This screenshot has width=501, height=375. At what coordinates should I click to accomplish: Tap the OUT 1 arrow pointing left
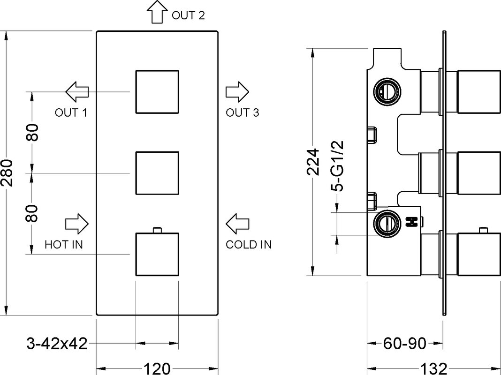pyautogui.click(x=76, y=92)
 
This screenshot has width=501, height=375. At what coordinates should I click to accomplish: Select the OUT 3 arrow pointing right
pyautogui.click(x=237, y=92)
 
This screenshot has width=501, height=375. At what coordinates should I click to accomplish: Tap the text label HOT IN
pyautogui.click(x=64, y=245)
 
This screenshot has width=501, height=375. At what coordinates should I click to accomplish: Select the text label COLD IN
pyautogui.click(x=249, y=245)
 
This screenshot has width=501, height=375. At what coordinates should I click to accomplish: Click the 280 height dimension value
pyautogui.click(x=7, y=172)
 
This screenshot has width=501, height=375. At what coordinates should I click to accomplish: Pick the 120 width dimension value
pyautogui.click(x=157, y=369)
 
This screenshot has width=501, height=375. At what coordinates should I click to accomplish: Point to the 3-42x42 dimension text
pyautogui.click(x=57, y=344)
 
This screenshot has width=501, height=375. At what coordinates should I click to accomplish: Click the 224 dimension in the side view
pyautogui.click(x=313, y=162)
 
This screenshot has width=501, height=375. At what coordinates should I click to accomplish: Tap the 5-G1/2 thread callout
pyautogui.click(x=337, y=166)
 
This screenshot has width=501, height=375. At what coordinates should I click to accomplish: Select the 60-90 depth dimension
pyautogui.click(x=404, y=344)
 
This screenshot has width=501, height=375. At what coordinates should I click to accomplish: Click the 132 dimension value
pyautogui.click(x=433, y=369)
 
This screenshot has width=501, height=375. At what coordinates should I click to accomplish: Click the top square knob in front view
pyautogui.click(x=157, y=91)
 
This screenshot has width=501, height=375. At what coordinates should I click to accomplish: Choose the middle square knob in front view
pyautogui.click(x=157, y=173)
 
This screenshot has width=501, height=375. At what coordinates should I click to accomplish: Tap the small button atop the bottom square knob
pyautogui.click(x=158, y=230)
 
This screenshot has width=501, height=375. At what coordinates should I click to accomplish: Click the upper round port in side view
pyautogui.click(x=387, y=91)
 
